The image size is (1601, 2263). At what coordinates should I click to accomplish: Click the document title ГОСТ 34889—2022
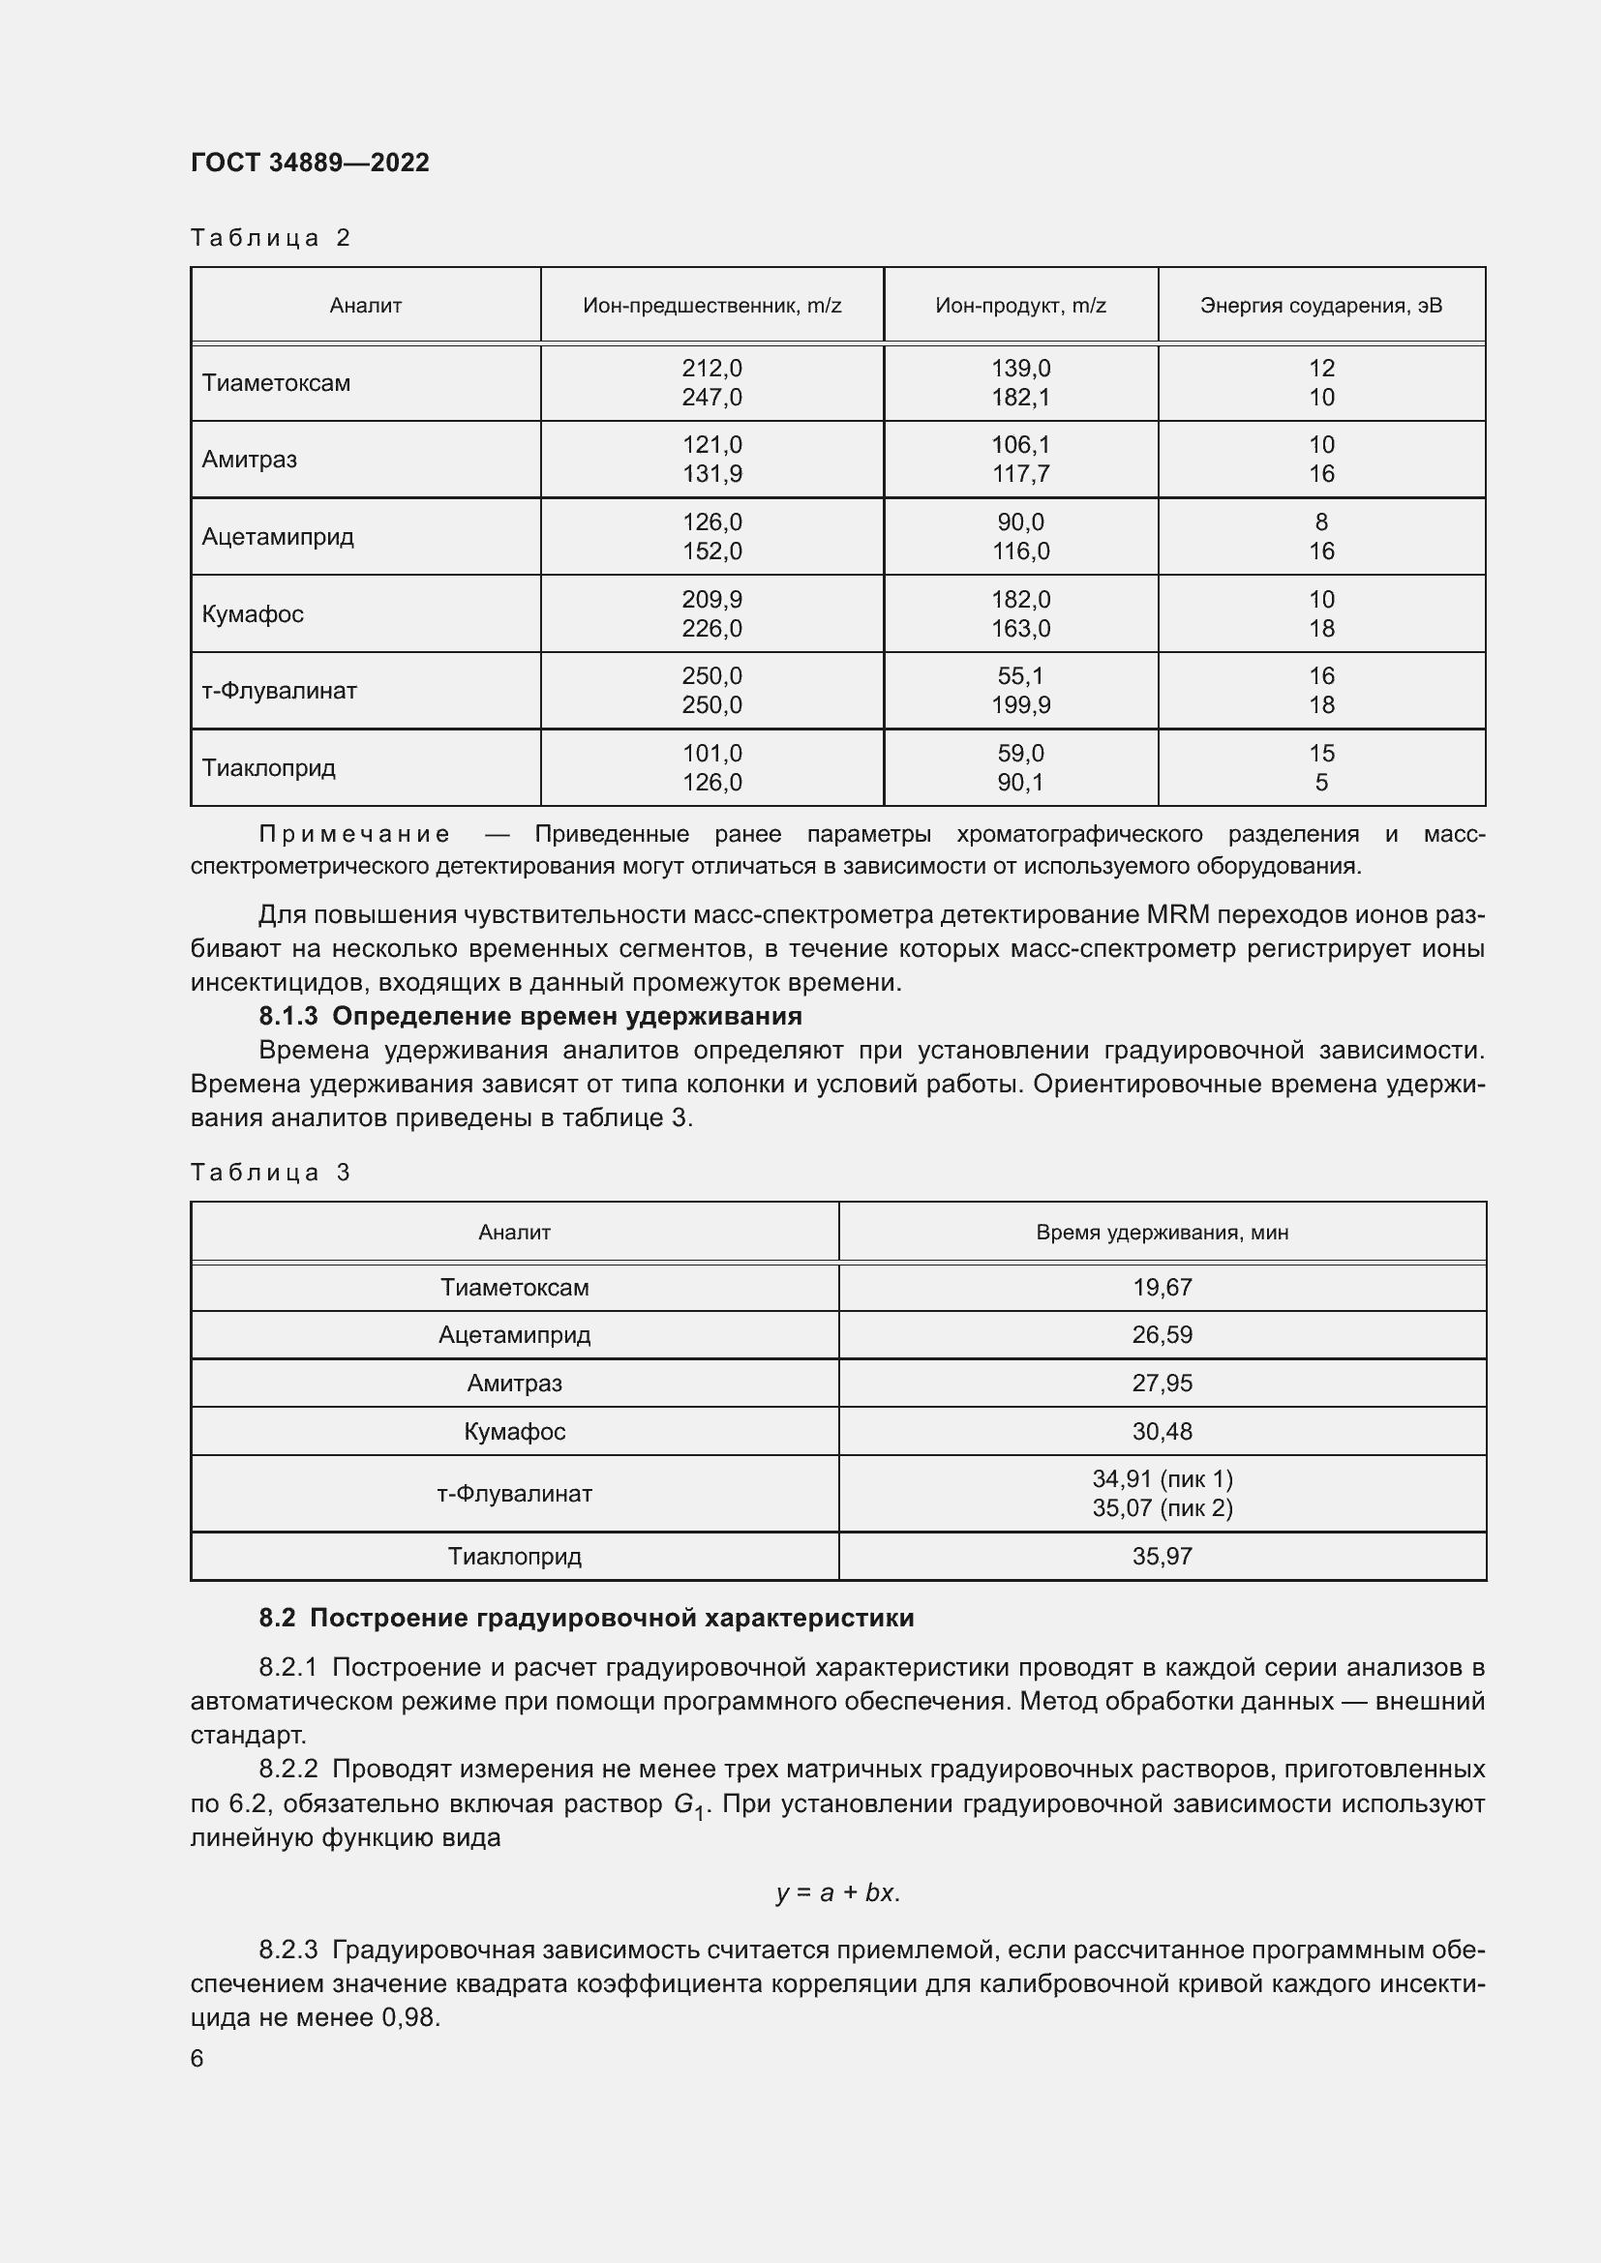(x=310, y=163)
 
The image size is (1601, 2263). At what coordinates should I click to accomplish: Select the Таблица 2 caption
(x=270, y=238)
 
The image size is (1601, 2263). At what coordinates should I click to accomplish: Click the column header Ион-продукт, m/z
(x=1020, y=306)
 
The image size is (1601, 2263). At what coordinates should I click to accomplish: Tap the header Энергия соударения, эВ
(x=1321, y=306)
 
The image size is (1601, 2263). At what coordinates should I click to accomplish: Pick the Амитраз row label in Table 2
(x=250, y=460)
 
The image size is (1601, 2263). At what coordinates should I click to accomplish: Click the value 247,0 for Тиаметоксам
(x=711, y=398)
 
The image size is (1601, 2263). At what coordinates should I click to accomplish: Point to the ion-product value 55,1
(x=1020, y=676)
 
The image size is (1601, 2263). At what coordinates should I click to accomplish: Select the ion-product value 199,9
(x=1020, y=704)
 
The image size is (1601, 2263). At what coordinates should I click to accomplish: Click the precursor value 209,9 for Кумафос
(x=711, y=599)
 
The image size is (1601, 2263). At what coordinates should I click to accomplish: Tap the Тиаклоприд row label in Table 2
(x=268, y=768)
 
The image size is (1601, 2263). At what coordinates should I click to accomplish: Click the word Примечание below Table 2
(x=354, y=835)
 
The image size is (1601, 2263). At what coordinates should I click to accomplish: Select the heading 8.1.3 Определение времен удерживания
(x=530, y=1016)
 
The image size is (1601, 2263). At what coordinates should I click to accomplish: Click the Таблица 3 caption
(x=270, y=1172)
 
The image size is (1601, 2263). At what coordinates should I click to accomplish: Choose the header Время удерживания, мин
(x=1163, y=1232)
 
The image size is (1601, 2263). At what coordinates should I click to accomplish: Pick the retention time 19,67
(x=1163, y=1287)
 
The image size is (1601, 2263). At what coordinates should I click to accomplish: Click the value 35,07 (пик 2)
(x=1163, y=1508)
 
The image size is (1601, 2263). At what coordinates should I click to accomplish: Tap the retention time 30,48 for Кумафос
(x=1163, y=1431)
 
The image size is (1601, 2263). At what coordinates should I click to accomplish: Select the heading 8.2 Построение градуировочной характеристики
(x=587, y=1618)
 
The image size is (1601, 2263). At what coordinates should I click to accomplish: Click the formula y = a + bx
(x=837, y=1892)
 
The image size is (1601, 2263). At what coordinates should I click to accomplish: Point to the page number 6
(x=197, y=2059)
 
